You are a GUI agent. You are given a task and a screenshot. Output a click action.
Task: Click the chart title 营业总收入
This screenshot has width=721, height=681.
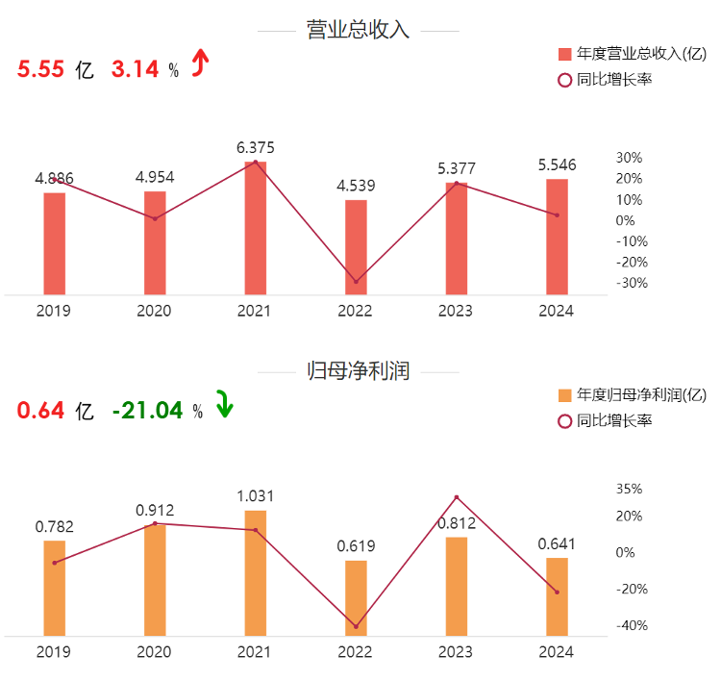(x=358, y=30)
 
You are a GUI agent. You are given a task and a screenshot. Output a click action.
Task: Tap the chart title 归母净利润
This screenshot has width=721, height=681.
(x=358, y=371)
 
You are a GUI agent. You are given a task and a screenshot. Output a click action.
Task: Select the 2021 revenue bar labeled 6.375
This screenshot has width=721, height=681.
(x=256, y=228)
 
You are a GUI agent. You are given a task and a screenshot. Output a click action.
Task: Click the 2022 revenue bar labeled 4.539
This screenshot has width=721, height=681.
(x=356, y=247)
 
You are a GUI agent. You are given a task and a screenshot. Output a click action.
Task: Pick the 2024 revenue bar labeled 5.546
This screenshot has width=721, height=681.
(x=557, y=237)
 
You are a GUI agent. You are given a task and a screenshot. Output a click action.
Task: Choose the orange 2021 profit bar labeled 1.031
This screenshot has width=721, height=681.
(x=256, y=572)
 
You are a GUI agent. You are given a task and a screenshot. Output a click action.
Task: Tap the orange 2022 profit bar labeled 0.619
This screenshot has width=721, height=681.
(x=356, y=597)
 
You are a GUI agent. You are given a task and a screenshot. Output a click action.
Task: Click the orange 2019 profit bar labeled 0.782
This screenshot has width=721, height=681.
(x=55, y=588)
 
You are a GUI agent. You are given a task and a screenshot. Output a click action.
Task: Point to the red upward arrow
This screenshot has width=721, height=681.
(x=199, y=63)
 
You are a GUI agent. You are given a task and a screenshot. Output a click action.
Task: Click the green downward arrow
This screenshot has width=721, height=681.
(x=223, y=405)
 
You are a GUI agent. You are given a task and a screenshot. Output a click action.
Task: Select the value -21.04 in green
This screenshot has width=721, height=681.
(x=147, y=411)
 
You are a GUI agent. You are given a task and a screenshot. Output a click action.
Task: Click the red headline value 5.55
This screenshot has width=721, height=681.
(x=39, y=69)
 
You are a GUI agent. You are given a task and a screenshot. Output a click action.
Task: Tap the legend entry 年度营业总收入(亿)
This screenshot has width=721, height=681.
(x=640, y=54)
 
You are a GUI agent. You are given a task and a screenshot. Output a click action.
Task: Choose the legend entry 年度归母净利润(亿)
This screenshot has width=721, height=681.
(x=640, y=395)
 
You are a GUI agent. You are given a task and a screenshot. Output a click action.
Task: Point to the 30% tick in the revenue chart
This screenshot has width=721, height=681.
(x=629, y=158)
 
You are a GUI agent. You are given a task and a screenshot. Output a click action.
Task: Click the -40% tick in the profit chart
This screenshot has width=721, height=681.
(x=629, y=625)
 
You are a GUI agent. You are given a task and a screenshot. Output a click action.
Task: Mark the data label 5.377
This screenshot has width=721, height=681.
(x=457, y=169)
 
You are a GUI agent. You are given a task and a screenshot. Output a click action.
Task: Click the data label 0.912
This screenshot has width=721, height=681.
(x=155, y=510)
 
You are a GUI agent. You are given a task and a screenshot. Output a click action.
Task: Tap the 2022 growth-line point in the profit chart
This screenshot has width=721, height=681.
(x=356, y=626)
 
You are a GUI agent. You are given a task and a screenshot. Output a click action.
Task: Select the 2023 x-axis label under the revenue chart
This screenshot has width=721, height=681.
(x=457, y=311)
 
